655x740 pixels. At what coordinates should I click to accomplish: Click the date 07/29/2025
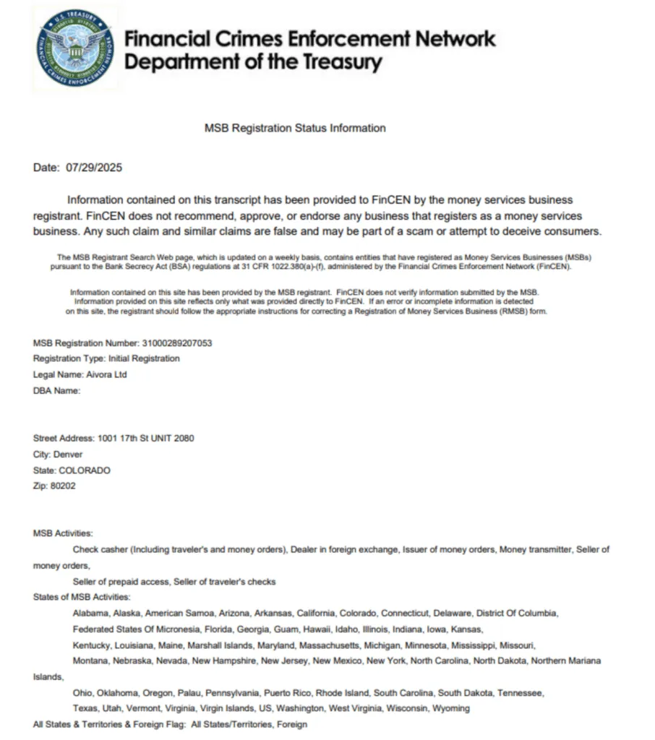pyautogui.click(x=94, y=168)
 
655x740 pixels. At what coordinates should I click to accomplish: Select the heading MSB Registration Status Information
pyautogui.click(x=295, y=128)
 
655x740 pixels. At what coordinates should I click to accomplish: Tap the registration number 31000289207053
pyautogui.click(x=177, y=343)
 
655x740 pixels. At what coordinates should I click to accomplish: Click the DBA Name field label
pyautogui.click(x=56, y=391)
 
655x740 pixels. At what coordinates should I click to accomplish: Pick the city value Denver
pyautogui.click(x=68, y=455)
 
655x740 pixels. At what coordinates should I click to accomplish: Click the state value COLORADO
pyautogui.click(x=85, y=470)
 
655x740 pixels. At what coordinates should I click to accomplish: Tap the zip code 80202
pyautogui.click(x=63, y=486)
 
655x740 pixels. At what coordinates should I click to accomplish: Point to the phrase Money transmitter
pyautogui.click(x=535, y=550)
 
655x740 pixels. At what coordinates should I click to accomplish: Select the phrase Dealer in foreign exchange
pyautogui.click(x=343, y=550)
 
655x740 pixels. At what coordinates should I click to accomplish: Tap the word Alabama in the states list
pyautogui.click(x=90, y=614)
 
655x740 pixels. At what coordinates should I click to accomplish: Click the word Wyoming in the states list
pyautogui.click(x=452, y=708)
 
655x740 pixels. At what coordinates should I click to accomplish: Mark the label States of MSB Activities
pyautogui.click(x=82, y=598)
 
